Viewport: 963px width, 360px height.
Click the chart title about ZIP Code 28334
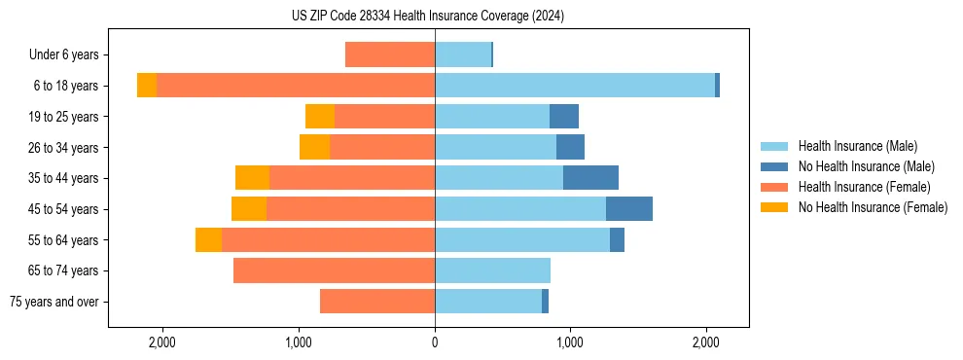click(x=427, y=16)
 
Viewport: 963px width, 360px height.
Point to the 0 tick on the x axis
click(x=435, y=342)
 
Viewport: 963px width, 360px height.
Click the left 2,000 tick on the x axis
click(x=161, y=342)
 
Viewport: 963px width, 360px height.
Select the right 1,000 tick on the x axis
click(x=570, y=342)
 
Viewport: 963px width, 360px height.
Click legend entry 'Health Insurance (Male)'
click(x=857, y=146)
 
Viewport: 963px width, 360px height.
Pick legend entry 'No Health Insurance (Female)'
click(x=873, y=207)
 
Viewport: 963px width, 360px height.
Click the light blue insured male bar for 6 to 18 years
click(x=575, y=86)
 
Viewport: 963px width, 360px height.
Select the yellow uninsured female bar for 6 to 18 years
click(x=147, y=86)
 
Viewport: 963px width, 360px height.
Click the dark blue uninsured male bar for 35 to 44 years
click(x=590, y=178)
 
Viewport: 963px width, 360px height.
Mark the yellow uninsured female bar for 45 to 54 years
click(x=249, y=209)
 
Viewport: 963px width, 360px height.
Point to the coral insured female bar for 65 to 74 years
click(x=334, y=270)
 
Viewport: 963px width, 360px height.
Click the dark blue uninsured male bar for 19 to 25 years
click(x=564, y=117)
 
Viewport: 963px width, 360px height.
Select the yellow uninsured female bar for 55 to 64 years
click(x=208, y=240)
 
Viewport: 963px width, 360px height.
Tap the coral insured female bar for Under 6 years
click(x=390, y=55)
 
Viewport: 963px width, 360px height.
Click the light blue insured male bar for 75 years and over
click(x=488, y=302)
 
